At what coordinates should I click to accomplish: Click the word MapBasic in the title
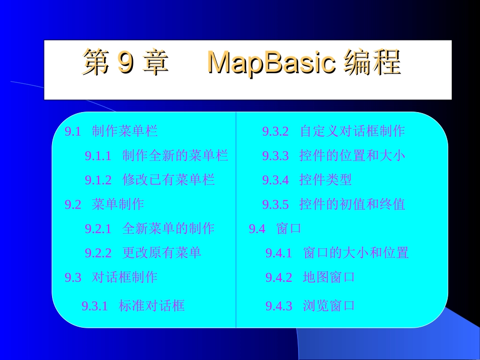[x=271, y=64]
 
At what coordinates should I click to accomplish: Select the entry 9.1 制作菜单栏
[x=111, y=132]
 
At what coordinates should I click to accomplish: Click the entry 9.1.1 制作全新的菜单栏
[x=156, y=156]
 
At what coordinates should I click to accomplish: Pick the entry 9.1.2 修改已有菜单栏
[x=150, y=180]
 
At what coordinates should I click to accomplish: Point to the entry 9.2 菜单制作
[x=104, y=204]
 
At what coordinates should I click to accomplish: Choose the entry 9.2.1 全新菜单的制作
[x=150, y=228]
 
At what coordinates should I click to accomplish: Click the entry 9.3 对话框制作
[x=111, y=277]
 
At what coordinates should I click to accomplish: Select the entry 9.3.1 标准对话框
[x=133, y=305]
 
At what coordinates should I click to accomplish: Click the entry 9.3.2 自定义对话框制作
[x=333, y=132]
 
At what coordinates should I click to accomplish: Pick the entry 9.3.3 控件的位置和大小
[x=333, y=156]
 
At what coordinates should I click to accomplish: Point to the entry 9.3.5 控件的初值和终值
[x=333, y=204]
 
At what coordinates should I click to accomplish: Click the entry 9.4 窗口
[x=275, y=229]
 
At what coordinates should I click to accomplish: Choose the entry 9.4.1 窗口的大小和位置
[x=337, y=252]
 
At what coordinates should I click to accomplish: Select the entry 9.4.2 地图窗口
[x=310, y=277]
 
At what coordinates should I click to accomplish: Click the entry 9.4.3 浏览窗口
[x=310, y=305]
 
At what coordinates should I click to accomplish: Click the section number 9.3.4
[x=275, y=180]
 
